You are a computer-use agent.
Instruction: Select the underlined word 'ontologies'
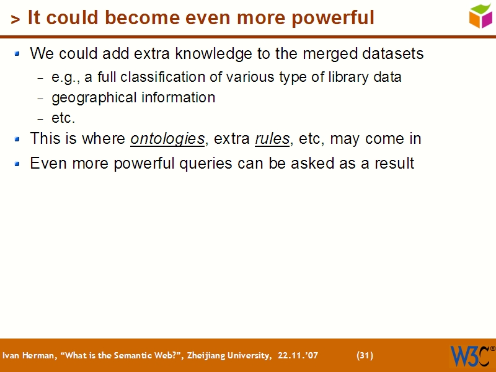pyautogui.click(x=167, y=139)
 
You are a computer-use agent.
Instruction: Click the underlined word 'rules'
pyautogui.click(x=272, y=139)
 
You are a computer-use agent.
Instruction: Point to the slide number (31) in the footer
pyautogui.click(x=365, y=355)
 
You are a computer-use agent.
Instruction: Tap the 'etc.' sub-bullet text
pyautogui.click(x=63, y=118)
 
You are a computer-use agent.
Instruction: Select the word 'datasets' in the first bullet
pyautogui.click(x=394, y=54)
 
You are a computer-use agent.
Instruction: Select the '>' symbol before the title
pyautogui.click(x=15, y=20)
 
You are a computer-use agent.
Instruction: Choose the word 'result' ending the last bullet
pyautogui.click(x=395, y=164)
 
